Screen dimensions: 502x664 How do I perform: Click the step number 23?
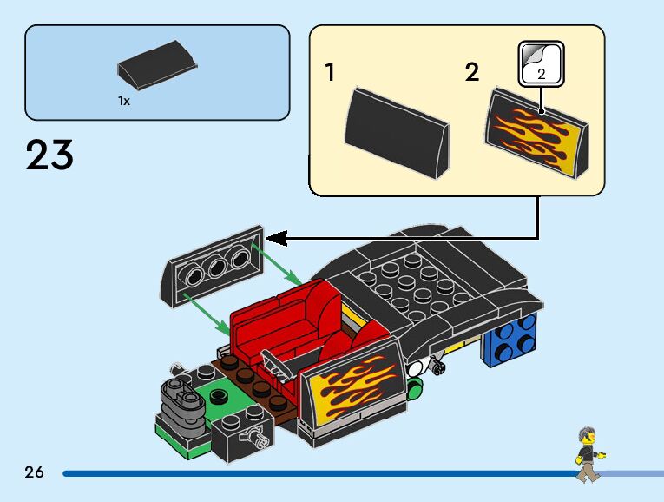tap(49, 155)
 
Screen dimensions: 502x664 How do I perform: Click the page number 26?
tap(34, 472)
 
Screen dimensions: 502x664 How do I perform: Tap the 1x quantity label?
tap(124, 101)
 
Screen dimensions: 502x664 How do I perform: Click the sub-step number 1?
tap(330, 72)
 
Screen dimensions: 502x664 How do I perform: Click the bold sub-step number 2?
tap(471, 72)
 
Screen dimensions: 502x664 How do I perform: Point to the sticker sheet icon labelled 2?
tap(542, 64)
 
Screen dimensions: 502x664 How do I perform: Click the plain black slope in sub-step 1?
tap(398, 131)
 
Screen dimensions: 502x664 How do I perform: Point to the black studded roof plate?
tap(408, 282)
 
